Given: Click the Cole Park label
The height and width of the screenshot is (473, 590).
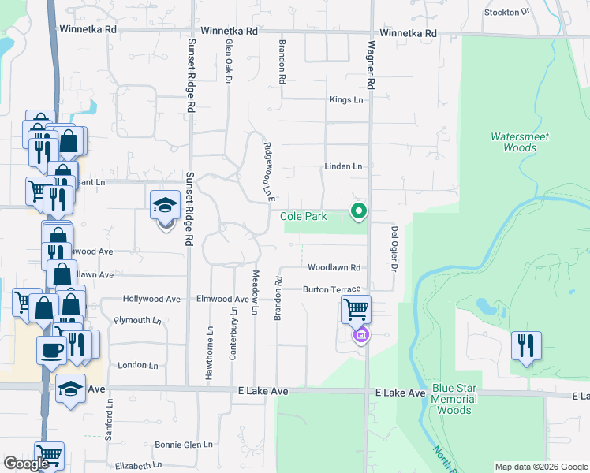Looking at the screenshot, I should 304,216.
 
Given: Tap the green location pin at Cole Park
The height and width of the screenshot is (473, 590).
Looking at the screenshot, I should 359,210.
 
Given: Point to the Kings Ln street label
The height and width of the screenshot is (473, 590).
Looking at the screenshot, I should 346,100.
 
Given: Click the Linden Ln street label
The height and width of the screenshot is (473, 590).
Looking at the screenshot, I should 343,166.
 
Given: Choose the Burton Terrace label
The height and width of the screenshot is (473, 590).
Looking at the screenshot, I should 331,289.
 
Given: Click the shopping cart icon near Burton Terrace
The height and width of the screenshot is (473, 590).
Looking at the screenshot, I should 356,309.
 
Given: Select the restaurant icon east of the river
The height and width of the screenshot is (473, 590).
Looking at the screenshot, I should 525,345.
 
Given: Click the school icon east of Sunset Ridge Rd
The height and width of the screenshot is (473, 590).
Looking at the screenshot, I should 166,206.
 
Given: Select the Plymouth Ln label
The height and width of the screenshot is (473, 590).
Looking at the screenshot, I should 137,320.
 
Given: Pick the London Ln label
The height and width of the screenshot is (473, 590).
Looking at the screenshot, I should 138,366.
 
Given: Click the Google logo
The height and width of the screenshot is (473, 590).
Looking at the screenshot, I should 25,464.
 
